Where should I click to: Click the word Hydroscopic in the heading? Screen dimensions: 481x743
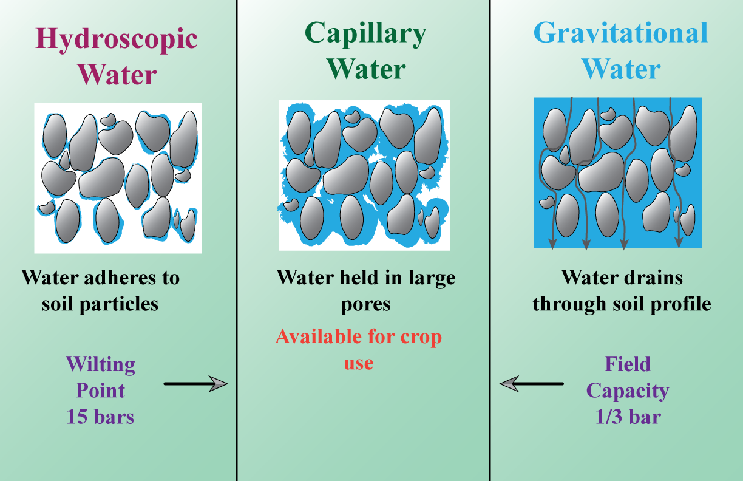coord(117,39)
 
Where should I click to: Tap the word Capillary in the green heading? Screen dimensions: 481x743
coord(365,33)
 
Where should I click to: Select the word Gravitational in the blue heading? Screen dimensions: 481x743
coord(620,33)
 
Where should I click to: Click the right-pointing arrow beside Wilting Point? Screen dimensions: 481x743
coord(195,383)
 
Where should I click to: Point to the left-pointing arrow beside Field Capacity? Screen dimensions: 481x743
coord(531,383)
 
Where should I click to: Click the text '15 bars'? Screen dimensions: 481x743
coord(100,417)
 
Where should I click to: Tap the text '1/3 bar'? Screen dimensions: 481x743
coord(628,417)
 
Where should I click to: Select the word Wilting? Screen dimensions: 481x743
coord(100,365)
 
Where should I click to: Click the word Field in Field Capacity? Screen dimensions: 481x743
coord(628,364)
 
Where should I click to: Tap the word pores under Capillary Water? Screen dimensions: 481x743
coord(365,304)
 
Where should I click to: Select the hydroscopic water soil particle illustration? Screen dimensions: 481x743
coord(118,178)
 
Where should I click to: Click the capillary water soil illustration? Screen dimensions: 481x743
coord(364,175)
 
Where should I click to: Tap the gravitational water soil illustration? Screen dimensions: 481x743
coord(618,173)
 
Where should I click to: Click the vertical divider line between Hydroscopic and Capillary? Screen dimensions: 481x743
coord(236,243)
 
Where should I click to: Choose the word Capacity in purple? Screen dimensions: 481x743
coord(628,391)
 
